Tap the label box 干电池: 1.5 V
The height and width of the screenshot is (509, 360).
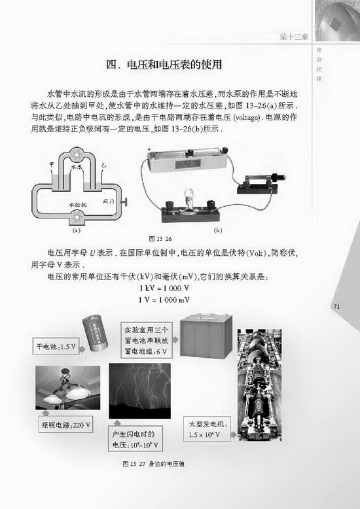[x=54, y=347]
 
